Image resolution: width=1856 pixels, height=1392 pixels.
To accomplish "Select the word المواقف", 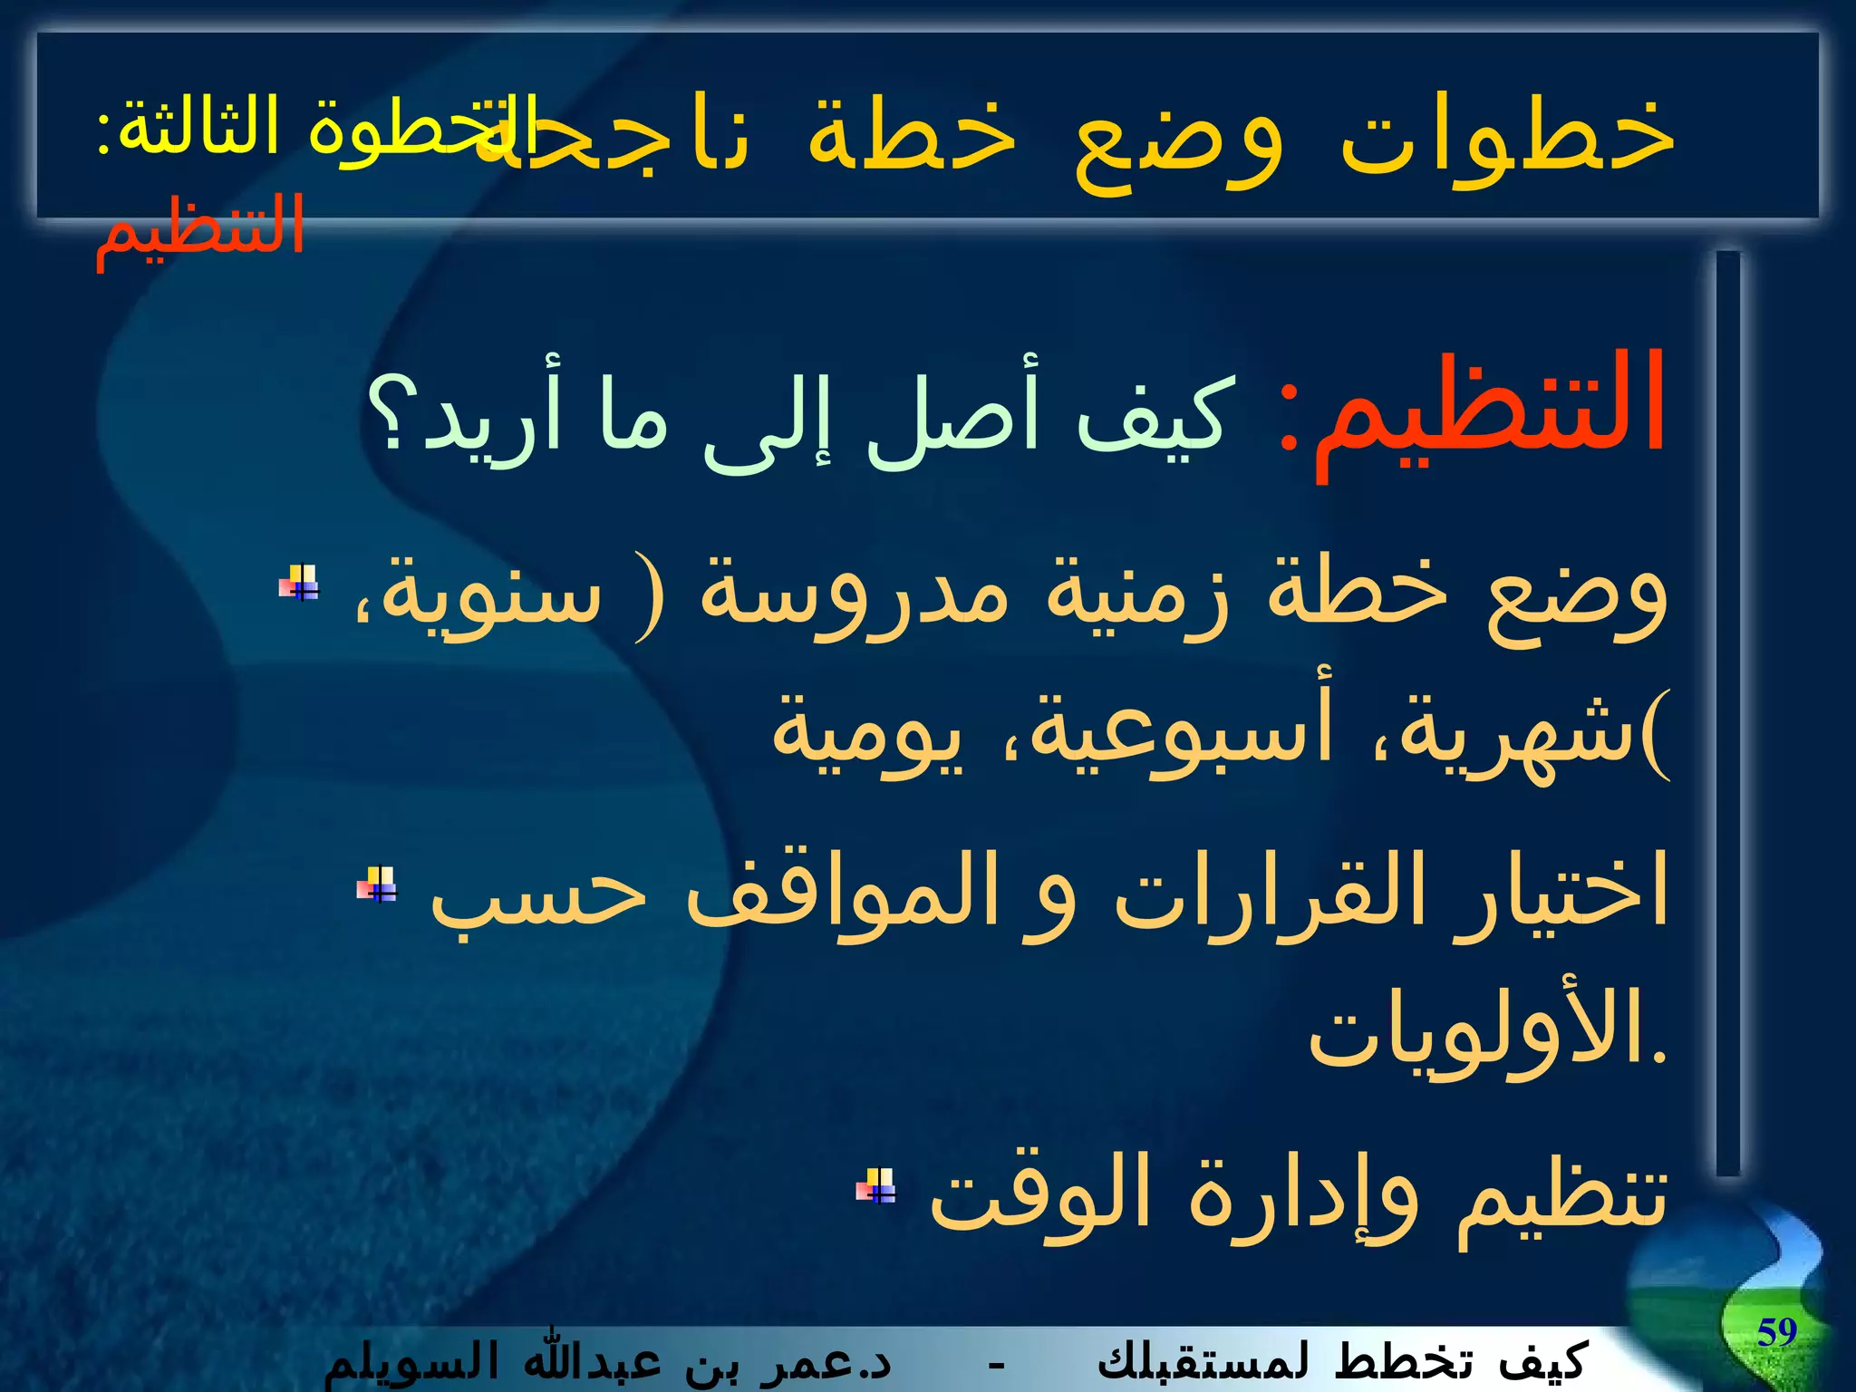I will [x=843, y=893].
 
